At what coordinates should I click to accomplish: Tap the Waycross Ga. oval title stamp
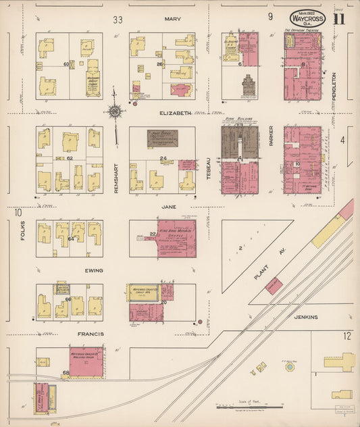(x=307, y=18)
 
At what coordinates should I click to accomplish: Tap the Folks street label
(x=22, y=241)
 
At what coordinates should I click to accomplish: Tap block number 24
(x=163, y=159)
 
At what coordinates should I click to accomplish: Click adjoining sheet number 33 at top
(x=118, y=19)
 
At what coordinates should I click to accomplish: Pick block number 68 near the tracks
(x=66, y=372)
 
